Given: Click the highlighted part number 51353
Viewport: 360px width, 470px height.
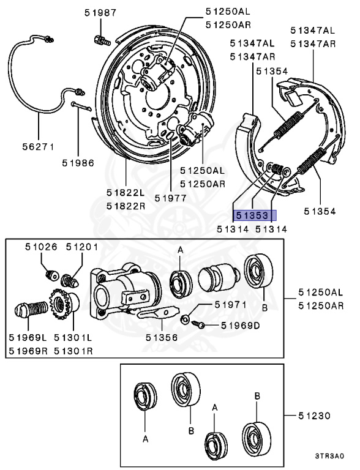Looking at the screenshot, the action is [x=252, y=215].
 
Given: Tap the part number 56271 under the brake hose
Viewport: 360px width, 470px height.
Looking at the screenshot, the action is [x=39, y=147].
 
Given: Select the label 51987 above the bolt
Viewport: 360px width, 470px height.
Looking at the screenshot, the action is [x=100, y=13].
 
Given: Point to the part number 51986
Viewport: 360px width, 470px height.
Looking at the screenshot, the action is [x=78, y=163].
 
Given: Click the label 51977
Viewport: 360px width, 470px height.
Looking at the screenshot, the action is [x=171, y=198].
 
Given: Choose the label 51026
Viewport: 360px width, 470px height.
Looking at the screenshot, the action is [x=41, y=247].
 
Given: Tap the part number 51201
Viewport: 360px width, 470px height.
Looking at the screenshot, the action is [x=82, y=247].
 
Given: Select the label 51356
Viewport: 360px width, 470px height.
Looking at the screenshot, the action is [x=162, y=337].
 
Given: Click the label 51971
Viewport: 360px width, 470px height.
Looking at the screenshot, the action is [x=231, y=305].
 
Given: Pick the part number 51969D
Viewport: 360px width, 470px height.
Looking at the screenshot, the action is [x=240, y=325].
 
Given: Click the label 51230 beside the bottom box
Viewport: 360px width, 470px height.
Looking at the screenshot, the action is [x=315, y=416].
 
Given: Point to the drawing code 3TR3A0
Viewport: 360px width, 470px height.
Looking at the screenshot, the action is [x=329, y=456].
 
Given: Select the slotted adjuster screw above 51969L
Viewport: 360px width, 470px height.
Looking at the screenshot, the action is [x=31, y=308].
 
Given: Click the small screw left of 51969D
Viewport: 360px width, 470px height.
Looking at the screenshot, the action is [x=198, y=324].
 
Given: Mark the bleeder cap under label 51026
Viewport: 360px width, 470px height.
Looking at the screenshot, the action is [x=51, y=275].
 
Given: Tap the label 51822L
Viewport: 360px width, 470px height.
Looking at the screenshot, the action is [x=126, y=192].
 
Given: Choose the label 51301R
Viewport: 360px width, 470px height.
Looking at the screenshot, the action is [x=73, y=351].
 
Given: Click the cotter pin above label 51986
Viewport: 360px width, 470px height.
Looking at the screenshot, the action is [x=81, y=106].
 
